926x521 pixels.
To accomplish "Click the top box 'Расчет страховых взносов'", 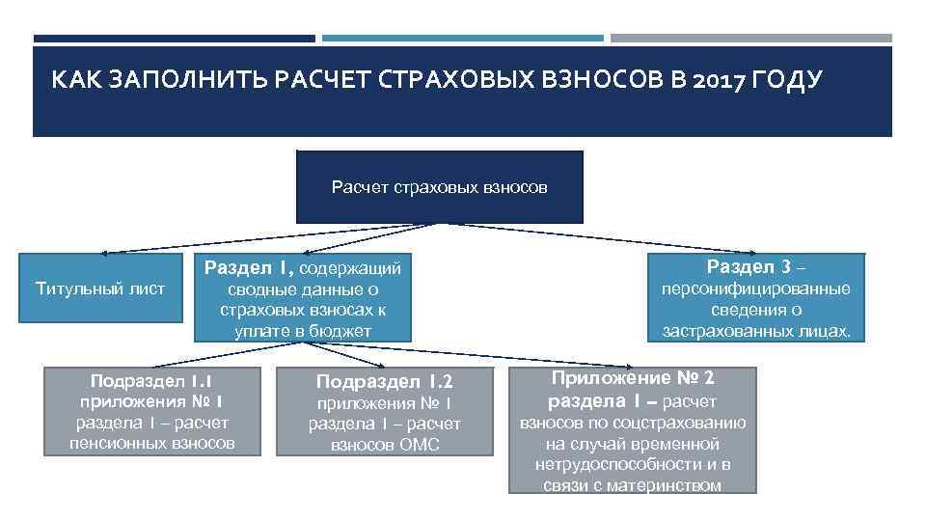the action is click(439, 187).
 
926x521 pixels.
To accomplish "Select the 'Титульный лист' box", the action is click(100, 288).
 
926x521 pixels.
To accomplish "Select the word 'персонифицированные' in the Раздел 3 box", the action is click(755, 288).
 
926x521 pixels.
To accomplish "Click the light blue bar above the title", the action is click(462, 39).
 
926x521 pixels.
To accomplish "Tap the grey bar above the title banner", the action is click(750, 39).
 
